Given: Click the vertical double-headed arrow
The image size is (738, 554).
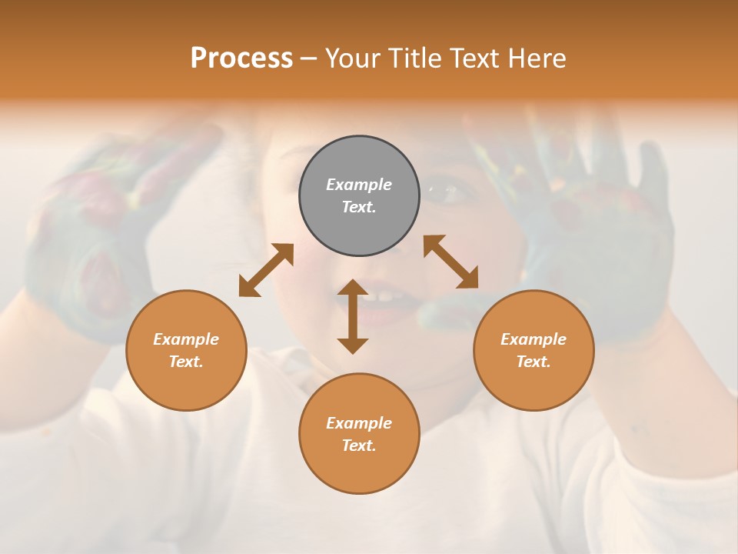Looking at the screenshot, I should coord(353,317).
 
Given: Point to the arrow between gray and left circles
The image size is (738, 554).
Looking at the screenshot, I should coord(266,270).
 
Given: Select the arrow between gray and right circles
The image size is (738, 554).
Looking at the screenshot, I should coord(450,262).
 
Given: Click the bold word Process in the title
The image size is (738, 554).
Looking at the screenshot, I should coord(241,58).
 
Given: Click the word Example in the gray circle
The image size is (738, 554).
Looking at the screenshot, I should coord(359,185).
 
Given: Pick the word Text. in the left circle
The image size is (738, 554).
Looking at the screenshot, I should coord(186,362).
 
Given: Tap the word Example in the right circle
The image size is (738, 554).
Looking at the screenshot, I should coord(534,339).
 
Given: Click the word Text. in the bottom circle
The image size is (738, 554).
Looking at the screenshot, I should coord(359,446).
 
